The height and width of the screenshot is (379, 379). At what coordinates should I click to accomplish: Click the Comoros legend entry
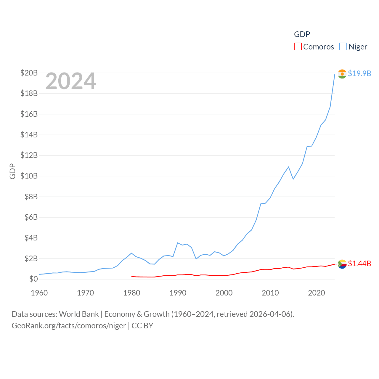(x=314, y=47)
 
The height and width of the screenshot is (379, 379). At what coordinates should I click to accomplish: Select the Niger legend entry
(x=354, y=47)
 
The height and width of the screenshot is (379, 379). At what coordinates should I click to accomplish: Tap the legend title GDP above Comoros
(x=302, y=34)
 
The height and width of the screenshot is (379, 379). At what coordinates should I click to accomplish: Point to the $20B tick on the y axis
(x=29, y=73)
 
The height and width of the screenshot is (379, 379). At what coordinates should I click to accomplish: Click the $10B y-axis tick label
(x=29, y=176)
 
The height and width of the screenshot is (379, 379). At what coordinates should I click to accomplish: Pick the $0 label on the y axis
(x=33, y=279)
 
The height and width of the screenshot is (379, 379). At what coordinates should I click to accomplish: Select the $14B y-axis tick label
(x=29, y=135)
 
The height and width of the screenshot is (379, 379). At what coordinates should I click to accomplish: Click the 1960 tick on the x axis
(x=39, y=293)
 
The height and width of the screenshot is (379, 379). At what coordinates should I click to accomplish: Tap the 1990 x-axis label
(x=178, y=293)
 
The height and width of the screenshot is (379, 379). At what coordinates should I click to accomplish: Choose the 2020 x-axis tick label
(x=317, y=293)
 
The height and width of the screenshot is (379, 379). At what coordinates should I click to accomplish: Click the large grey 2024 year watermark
(x=70, y=81)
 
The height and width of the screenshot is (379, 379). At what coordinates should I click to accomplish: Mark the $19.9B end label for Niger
(x=359, y=73)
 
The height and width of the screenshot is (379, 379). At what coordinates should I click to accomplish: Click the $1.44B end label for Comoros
(x=359, y=264)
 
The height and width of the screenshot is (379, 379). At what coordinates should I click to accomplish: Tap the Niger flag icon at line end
(x=342, y=74)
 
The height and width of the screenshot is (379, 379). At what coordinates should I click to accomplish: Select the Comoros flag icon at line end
(x=342, y=264)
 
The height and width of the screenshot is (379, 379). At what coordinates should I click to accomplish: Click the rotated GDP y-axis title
(x=12, y=171)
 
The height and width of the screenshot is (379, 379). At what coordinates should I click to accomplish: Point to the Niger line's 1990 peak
(x=177, y=243)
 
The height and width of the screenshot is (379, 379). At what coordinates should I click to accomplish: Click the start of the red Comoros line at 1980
(x=132, y=276)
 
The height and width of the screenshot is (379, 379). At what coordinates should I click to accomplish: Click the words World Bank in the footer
(x=79, y=314)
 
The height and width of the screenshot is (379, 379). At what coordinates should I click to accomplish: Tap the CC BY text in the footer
(x=142, y=326)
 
